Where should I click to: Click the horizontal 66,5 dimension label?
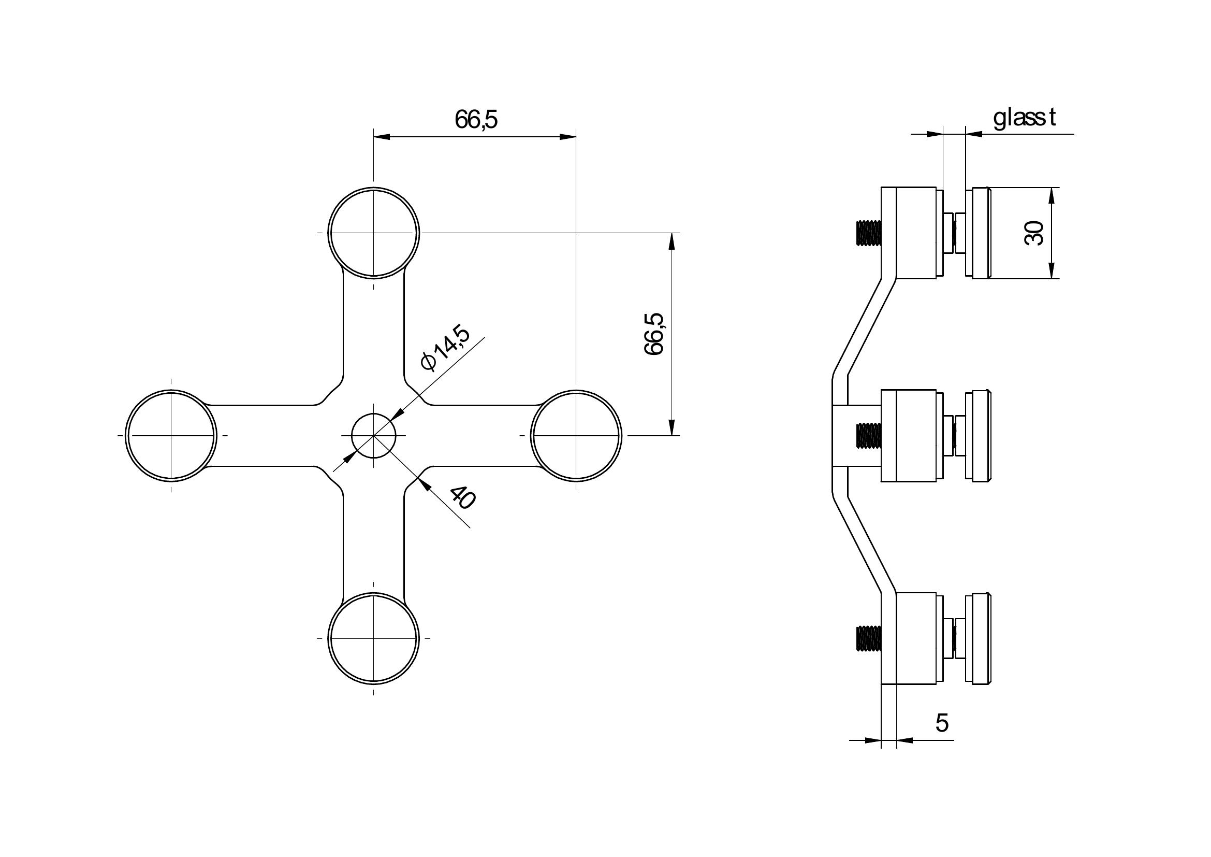pyautogui.click(x=476, y=120)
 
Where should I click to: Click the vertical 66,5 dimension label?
pyautogui.click(x=654, y=334)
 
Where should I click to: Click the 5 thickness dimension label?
pyautogui.click(x=942, y=723)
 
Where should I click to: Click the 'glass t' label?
pyautogui.click(x=1024, y=118)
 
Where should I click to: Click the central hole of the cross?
pyautogui.click(x=373, y=435)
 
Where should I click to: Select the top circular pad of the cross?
pyautogui.click(x=373, y=232)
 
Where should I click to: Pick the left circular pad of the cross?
pyautogui.click(x=171, y=435)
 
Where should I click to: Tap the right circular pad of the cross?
pyautogui.click(x=576, y=435)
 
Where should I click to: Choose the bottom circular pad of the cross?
pyautogui.click(x=373, y=638)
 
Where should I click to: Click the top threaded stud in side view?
pyautogui.click(x=868, y=233)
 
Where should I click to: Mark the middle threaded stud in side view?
pyautogui.click(x=868, y=435)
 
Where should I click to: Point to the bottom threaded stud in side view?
pyautogui.click(x=868, y=638)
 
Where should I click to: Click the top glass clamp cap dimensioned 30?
pyautogui.click(x=979, y=233)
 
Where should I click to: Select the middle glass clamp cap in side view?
pyautogui.click(x=979, y=435)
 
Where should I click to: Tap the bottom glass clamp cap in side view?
pyautogui.click(x=979, y=638)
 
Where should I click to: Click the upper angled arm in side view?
pyautogui.click(x=864, y=327)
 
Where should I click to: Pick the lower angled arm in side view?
pyautogui.click(x=864, y=544)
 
